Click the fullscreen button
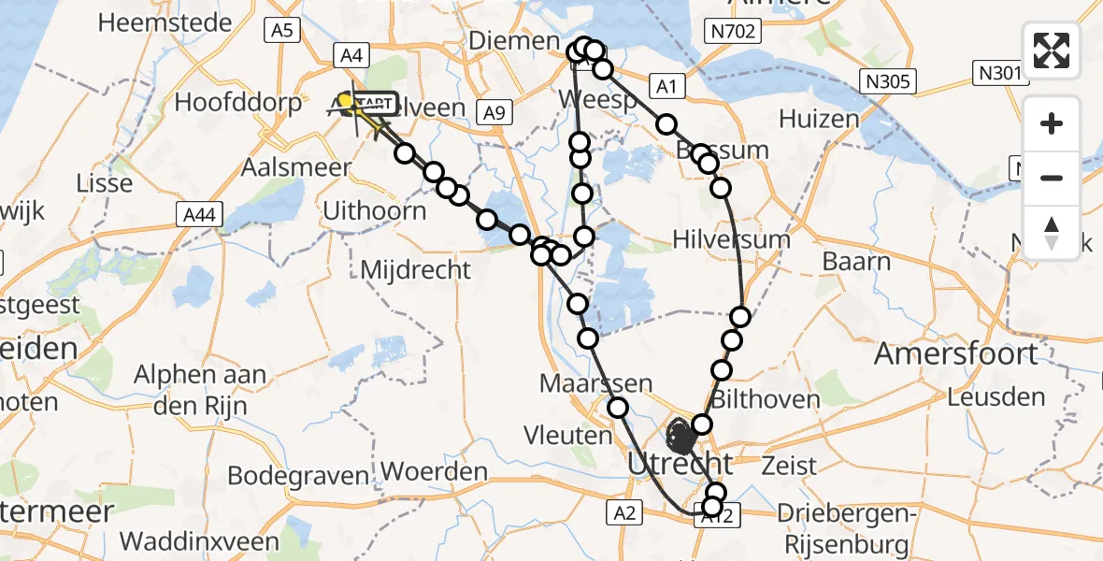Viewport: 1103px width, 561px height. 1052,50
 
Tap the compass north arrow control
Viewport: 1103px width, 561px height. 1052,232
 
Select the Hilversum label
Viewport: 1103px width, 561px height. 732,239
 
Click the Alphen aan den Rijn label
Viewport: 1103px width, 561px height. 200,389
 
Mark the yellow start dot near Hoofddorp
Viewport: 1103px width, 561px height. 345,100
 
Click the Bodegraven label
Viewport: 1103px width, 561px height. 298,475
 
